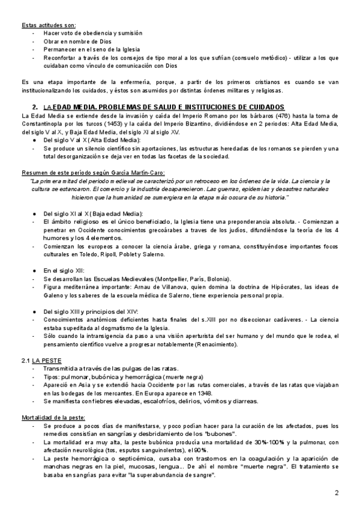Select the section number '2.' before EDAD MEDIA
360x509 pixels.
(x=35, y=106)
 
